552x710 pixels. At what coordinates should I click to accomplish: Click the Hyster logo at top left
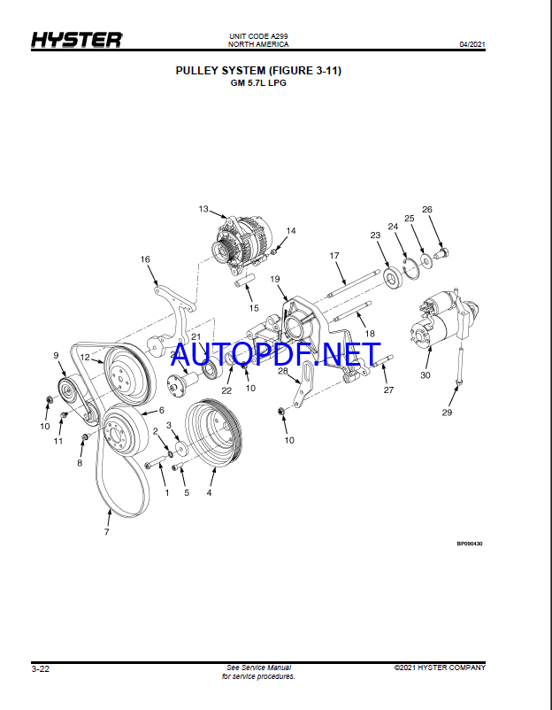(76, 40)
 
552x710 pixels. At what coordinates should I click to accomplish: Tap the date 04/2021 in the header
(472, 44)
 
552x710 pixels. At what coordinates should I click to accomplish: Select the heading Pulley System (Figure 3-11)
(258, 71)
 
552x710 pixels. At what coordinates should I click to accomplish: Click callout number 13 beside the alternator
(203, 209)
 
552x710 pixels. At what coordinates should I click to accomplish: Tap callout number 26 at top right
(427, 209)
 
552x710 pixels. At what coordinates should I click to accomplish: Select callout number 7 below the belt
(107, 531)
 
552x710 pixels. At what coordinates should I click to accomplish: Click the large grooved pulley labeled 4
(214, 430)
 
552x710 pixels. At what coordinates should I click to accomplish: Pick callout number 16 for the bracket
(145, 259)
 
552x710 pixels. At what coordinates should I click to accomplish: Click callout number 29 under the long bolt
(447, 413)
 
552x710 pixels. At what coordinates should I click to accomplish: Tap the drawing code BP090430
(470, 544)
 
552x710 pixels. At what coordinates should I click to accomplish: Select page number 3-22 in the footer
(41, 669)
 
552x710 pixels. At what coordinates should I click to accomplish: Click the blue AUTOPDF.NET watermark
(275, 354)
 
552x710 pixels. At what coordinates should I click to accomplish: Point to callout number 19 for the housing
(275, 279)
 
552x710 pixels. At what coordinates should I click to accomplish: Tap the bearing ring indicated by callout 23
(393, 276)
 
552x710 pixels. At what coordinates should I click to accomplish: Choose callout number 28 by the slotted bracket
(283, 371)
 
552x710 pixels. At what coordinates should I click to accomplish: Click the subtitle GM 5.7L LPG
(258, 83)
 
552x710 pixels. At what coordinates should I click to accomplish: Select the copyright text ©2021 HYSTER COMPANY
(440, 668)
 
